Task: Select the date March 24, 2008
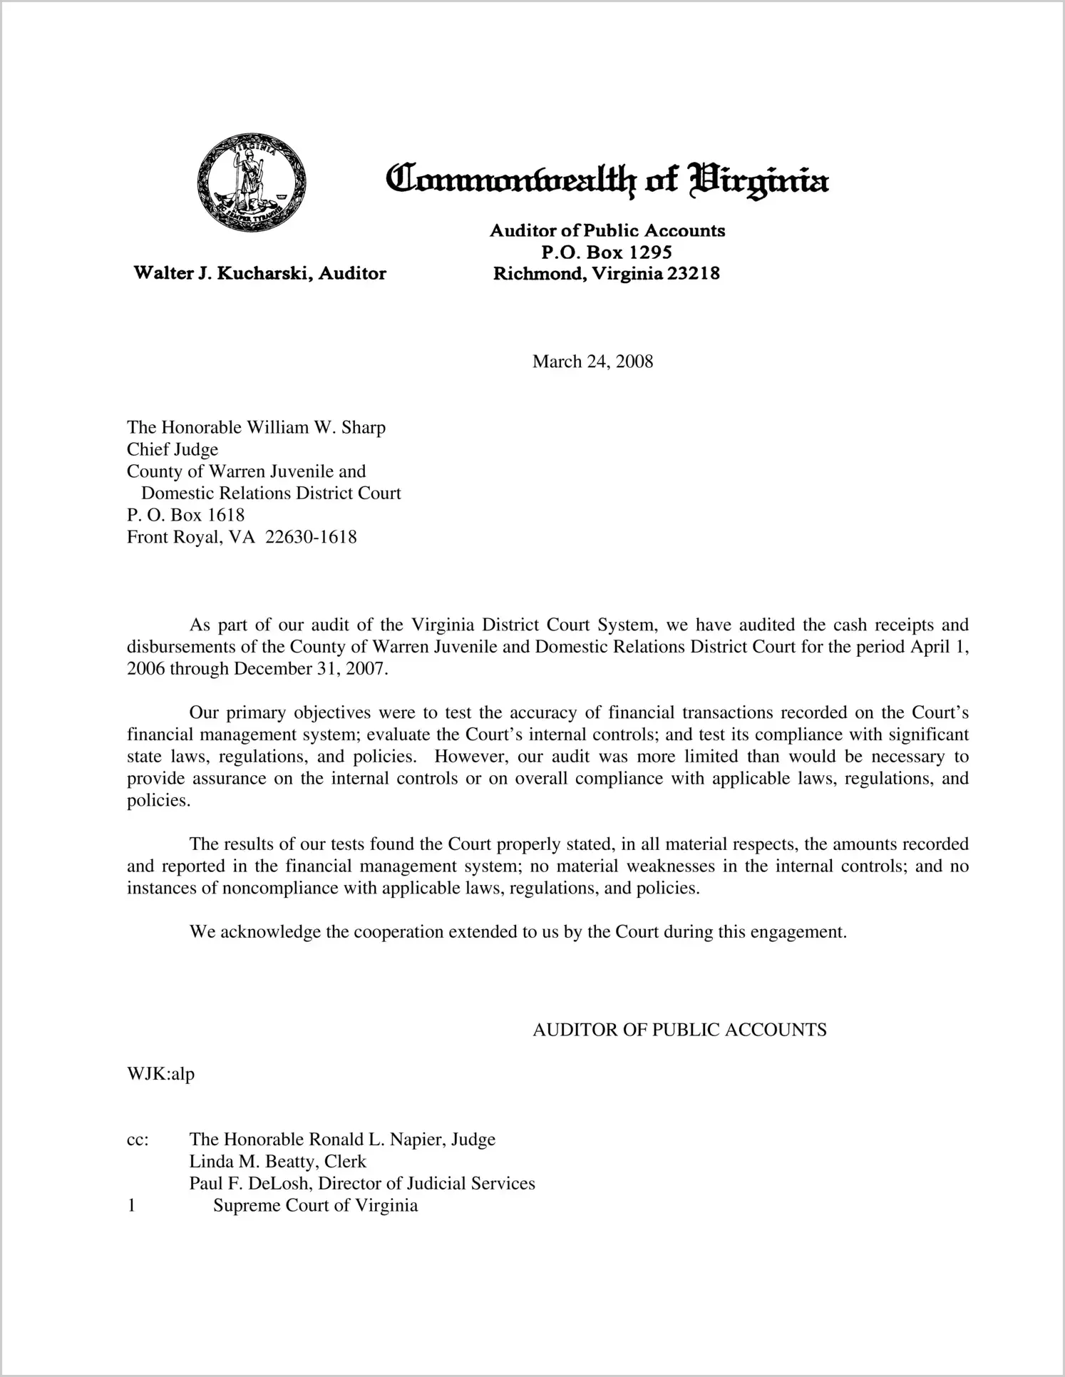592,362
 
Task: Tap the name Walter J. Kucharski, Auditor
260,273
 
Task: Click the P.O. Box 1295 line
607,252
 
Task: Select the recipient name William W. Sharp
316,428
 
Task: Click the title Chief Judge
173,450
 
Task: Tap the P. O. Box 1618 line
185,515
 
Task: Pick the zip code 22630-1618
311,537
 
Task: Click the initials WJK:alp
160,1074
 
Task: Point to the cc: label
137,1140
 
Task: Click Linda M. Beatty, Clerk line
277,1162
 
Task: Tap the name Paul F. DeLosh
249,1184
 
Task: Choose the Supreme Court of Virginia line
315,1206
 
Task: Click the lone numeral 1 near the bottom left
131,1206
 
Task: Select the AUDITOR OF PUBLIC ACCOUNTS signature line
679,1030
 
